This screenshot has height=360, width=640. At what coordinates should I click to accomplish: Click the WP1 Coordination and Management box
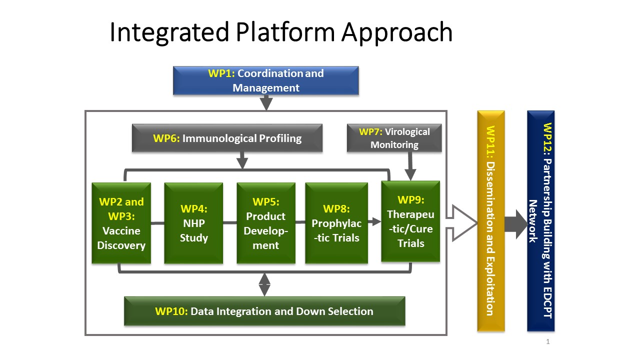click(x=265, y=80)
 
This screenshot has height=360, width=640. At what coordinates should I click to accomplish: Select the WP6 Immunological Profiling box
click(x=227, y=138)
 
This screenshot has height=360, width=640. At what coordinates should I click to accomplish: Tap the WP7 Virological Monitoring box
click(x=394, y=138)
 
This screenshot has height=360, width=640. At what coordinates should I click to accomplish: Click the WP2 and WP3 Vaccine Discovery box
click(x=121, y=223)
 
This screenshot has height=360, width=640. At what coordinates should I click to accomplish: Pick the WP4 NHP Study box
click(x=193, y=223)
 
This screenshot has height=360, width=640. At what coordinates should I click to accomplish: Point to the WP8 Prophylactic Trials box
click(x=336, y=223)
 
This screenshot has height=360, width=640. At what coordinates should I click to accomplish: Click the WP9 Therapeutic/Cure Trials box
click(x=410, y=221)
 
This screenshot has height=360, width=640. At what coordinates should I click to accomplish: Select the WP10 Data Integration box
click(x=264, y=311)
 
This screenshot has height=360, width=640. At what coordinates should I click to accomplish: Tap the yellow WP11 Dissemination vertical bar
click(x=490, y=220)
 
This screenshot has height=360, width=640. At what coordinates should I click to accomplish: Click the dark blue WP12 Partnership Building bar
click(x=540, y=220)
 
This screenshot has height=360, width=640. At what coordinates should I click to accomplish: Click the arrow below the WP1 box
click(x=266, y=102)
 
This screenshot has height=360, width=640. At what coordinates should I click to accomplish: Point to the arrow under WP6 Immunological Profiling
click(x=242, y=161)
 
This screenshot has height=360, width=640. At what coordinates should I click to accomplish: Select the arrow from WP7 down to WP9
click(x=410, y=166)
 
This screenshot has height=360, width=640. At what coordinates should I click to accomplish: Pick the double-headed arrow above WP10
click(x=264, y=284)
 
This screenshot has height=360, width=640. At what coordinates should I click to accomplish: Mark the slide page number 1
click(x=548, y=342)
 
